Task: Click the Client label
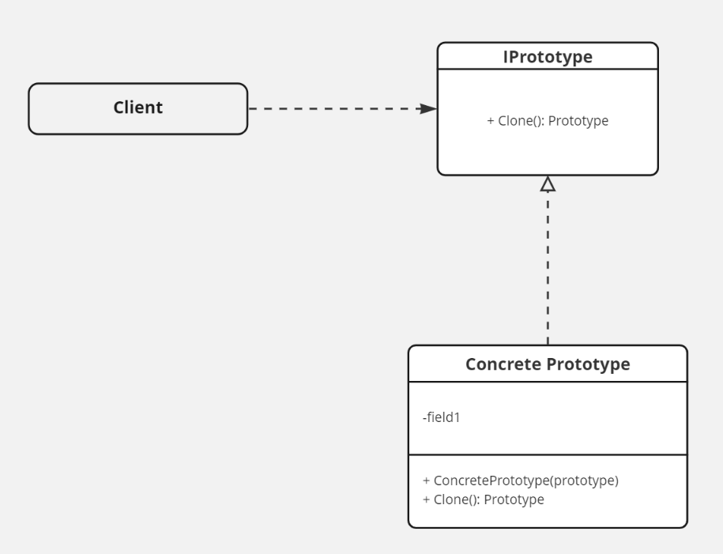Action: point(137,108)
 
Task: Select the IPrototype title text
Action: point(548,56)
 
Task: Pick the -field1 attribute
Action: point(442,416)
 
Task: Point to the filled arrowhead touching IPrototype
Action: point(428,108)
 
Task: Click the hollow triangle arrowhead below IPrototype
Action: point(548,183)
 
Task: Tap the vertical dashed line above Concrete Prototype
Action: point(548,269)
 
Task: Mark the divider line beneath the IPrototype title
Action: point(548,70)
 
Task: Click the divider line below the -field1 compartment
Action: point(548,455)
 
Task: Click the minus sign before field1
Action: point(425,416)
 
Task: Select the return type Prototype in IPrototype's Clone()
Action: point(581,122)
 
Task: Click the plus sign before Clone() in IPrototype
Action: point(490,122)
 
